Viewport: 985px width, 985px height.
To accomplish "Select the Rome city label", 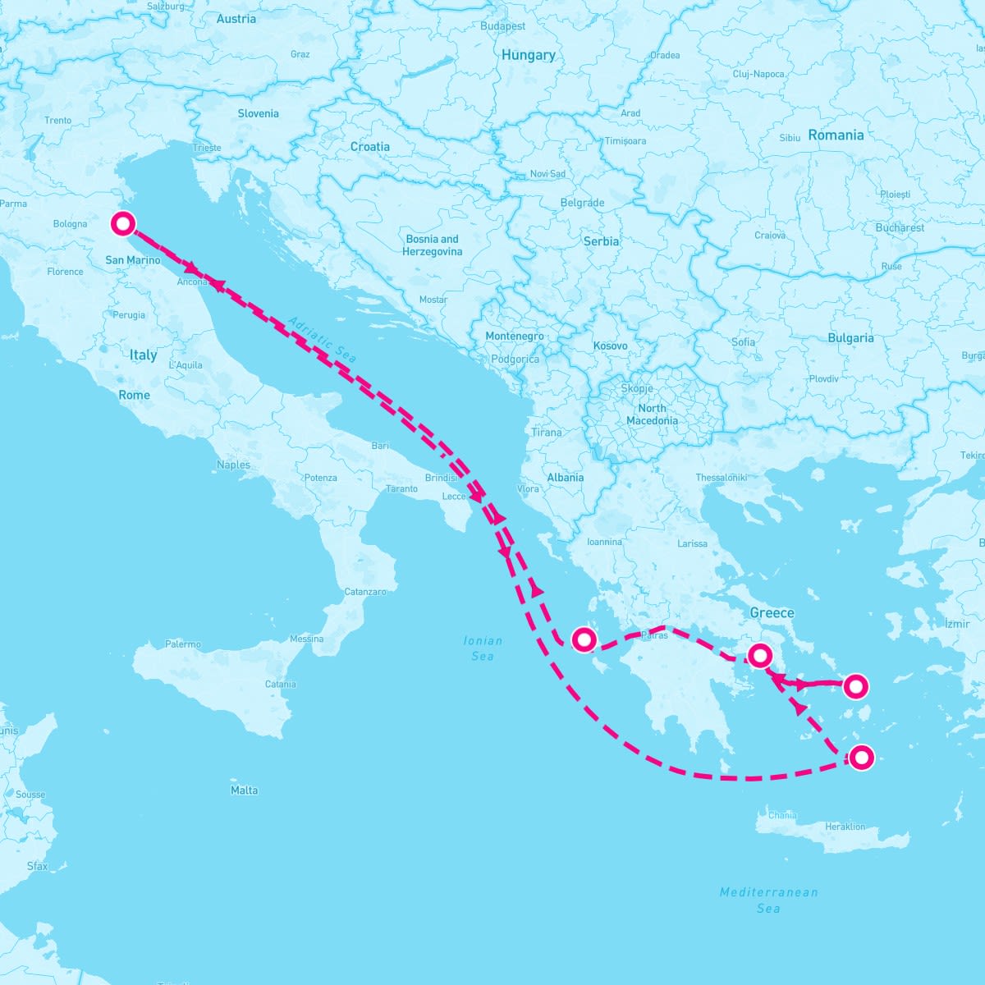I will click(x=135, y=395).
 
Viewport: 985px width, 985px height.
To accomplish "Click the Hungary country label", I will click(x=528, y=55).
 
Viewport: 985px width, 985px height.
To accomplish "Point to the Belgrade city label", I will click(x=582, y=203).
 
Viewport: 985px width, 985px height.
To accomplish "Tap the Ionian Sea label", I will click(x=483, y=648).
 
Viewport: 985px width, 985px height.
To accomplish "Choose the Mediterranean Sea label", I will click(x=768, y=900).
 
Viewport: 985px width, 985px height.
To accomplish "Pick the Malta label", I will click(x=244, y=790).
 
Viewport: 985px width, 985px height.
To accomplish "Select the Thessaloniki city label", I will click(x=722, y=477).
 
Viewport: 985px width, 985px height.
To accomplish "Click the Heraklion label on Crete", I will click(x=845, y=827).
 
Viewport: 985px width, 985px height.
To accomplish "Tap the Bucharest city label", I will click(x=900, y=227).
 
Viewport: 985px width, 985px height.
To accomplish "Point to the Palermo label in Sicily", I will click(x=182, y=644).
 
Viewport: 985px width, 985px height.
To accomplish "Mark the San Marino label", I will click(x=133, y=260).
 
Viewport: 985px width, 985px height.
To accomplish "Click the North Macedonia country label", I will click(x=652, y=414).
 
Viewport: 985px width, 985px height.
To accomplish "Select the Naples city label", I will click(x=233, y=465).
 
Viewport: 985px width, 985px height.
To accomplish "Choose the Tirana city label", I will click(x=547, y=433).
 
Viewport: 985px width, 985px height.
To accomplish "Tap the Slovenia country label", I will click(x=258, y=113).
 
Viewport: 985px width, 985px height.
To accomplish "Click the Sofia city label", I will click(x=743, y=341).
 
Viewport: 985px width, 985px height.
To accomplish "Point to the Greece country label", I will click(x=772, y=612).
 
